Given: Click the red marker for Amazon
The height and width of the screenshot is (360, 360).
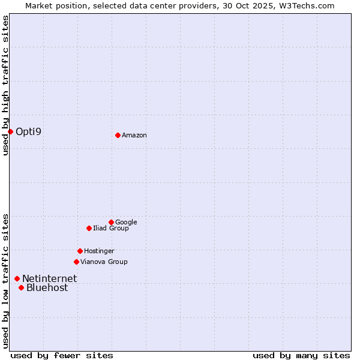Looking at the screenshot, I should click(118, 135).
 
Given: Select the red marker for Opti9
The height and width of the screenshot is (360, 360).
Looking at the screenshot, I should click(10, 131).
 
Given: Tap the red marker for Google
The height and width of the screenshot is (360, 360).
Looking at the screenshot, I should click(111, 222).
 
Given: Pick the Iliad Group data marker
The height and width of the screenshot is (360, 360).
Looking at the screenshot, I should click(89, 228).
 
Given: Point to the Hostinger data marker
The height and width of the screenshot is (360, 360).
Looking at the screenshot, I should click(80, 251).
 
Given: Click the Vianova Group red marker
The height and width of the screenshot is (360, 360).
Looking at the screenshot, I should click(76, 262).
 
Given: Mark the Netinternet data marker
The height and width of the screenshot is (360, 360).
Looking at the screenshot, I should click(17, 278).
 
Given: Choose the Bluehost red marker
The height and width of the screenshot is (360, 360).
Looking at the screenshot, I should click(21, 287).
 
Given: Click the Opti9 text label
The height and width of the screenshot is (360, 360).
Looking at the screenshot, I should click(28, 131).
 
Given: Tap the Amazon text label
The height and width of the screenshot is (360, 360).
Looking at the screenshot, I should click(134, 136).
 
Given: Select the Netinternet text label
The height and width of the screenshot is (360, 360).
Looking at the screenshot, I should click(49, 278).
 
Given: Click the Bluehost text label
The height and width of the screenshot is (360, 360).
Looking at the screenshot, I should click(47, 287).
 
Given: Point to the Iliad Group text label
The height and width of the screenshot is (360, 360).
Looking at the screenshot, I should click(110, 228).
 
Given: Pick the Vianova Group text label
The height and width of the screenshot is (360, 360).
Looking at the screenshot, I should click(104, 262).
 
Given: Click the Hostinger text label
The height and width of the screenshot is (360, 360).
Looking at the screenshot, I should click(99, 251).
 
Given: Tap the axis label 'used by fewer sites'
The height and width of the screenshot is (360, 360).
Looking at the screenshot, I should click(62, 355).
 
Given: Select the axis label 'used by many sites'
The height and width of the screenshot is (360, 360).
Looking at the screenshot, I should click(301, 355).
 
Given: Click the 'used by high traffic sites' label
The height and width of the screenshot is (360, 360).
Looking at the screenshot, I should click(5, 85).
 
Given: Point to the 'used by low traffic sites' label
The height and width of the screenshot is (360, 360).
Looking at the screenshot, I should click(5, 281).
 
